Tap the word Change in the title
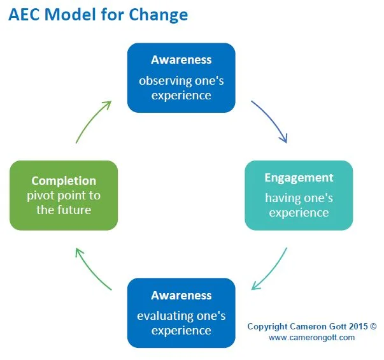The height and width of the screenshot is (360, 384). [159, 14]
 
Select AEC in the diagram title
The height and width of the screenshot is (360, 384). [25, 14]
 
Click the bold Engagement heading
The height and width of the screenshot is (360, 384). [299, 178]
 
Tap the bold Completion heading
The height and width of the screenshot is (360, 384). [64, 181]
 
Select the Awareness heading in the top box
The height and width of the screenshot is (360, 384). [181, 60]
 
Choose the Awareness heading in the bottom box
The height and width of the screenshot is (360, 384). [181, 296]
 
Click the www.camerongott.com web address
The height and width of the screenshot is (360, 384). [311, 338]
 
